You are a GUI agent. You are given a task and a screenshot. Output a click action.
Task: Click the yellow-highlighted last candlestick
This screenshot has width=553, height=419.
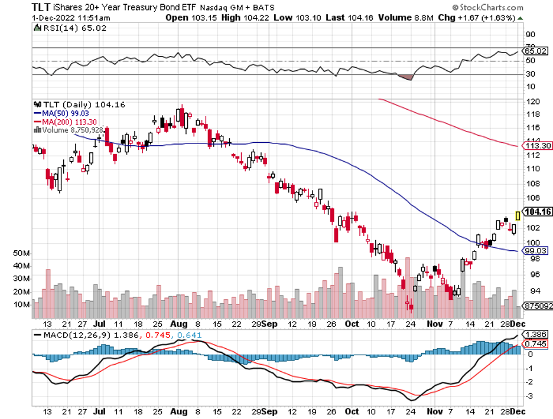tap(518, 215)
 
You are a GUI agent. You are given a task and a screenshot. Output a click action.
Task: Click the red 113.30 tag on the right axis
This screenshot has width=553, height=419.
tap(537, 146)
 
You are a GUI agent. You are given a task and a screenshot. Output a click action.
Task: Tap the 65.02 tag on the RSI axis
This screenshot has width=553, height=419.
tap(536, 51)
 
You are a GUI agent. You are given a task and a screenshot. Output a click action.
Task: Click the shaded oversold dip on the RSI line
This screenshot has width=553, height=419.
tap(406, 77)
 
